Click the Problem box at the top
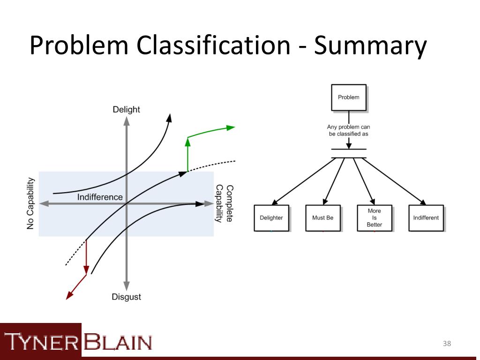pos(348,97)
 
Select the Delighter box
pos(271,218)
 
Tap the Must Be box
pos(322,218)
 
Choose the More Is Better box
pos(374,218)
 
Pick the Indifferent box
pos(426,218)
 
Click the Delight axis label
pos(126,110)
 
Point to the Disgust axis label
pos(126,297)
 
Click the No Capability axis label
pos(30,203)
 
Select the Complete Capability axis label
pos(224,203)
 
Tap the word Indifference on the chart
pos(100,197)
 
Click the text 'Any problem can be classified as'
pos(349,130)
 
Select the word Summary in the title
pos(370,46)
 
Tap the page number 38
pos(447,345)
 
